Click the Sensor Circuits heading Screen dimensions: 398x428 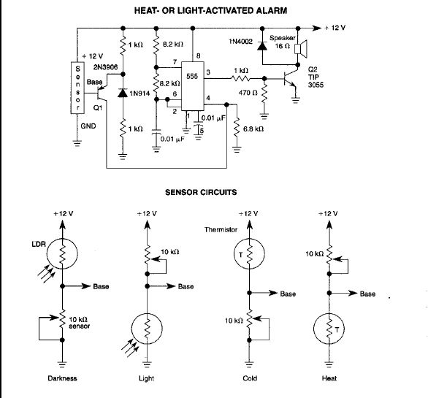215,193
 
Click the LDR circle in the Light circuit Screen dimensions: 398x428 148,329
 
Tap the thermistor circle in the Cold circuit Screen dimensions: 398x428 248,252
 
